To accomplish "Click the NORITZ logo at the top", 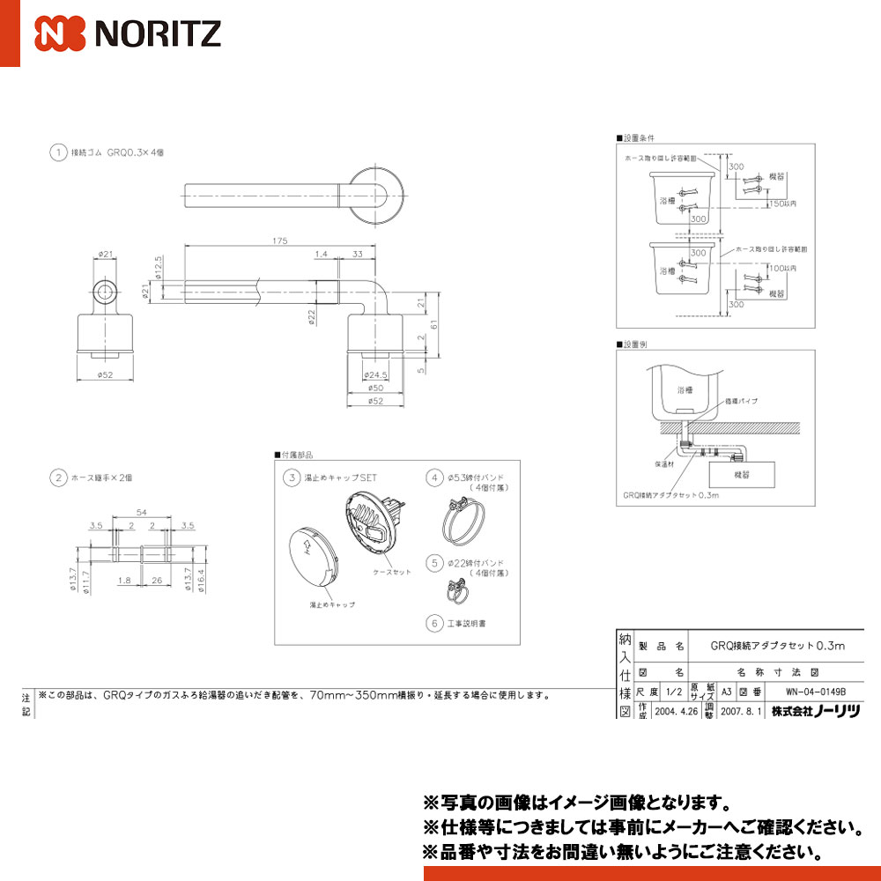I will coord(128,33).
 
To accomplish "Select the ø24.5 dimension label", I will coord(374,375).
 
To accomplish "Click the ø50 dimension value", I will coord(374,389).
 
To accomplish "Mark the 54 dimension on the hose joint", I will coord(141,512).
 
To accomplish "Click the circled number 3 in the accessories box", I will coord(290,478).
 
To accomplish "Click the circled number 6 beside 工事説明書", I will coord(433,623).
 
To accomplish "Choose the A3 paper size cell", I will coord(727,691).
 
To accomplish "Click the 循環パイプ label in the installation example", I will coord(742,401).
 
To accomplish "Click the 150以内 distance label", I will coord(783,204).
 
